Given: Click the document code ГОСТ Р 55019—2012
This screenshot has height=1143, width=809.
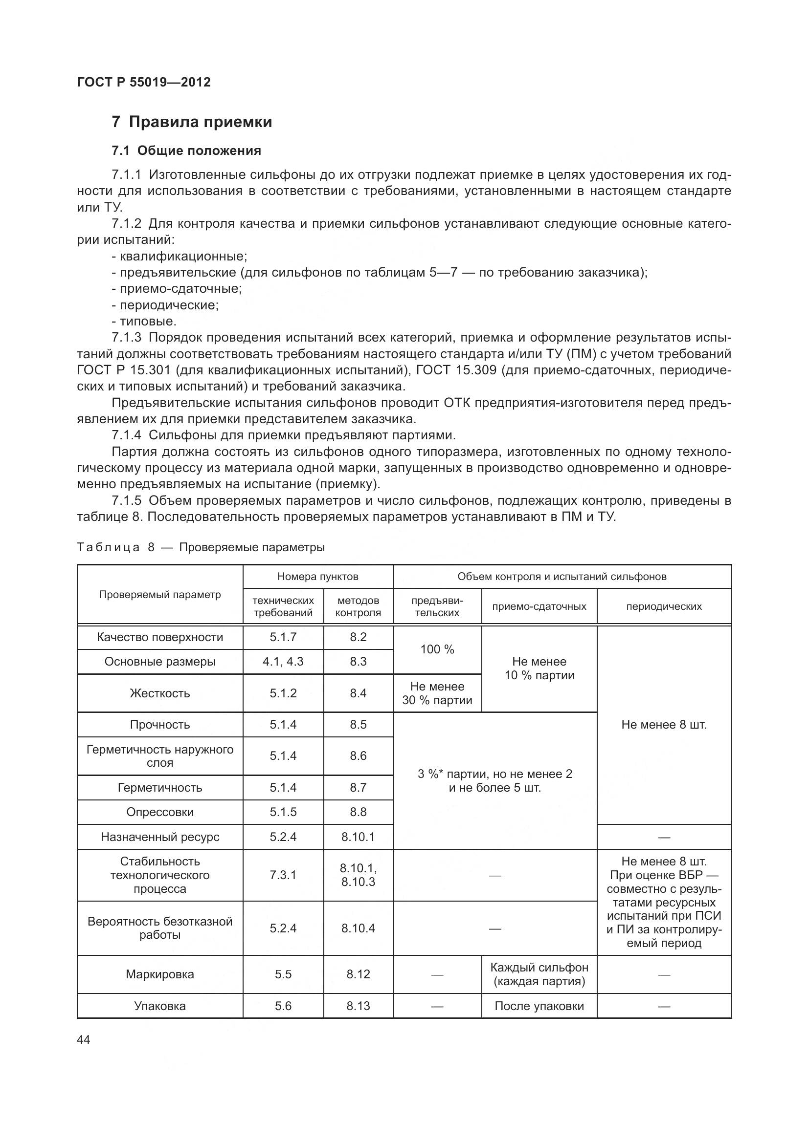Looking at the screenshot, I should pos(144,82).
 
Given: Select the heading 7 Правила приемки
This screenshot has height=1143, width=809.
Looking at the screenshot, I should pos(192,122).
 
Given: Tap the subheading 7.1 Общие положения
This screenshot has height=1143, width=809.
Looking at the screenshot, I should pos(186,151).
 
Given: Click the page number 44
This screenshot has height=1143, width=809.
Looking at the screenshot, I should pos(84,1039).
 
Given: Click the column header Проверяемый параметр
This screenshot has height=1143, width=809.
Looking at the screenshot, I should pos(159,594).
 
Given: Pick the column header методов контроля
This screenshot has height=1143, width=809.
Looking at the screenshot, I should pos(358,606).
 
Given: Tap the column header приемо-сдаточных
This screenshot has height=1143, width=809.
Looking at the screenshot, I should pos(539,606).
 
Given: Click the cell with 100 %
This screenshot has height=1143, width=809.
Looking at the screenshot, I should pos(437,649).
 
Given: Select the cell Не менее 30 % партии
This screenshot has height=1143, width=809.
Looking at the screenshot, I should pos(437,693).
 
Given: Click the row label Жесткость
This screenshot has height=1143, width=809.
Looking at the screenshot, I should pos(159,693).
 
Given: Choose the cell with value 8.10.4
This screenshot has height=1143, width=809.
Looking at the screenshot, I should pos(358,928).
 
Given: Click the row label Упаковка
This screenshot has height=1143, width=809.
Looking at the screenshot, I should pos(159,1006).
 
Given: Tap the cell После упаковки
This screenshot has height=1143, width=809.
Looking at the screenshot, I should pos(539,1006).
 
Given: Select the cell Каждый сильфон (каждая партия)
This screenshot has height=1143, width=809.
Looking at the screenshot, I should pos(539,974).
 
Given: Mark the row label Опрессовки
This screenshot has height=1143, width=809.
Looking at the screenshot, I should pos(159,812).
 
